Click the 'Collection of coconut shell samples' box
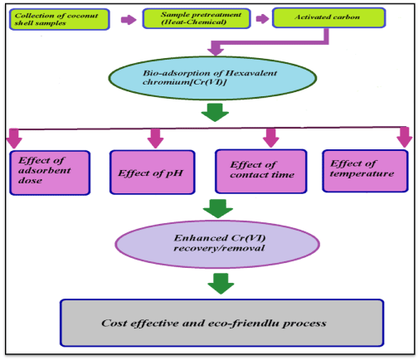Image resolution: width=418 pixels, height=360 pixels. [x=60, y=19]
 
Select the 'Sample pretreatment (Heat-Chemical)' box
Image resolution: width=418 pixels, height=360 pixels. [x=197, y=18]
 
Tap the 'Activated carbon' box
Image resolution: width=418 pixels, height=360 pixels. [x=328, y=17]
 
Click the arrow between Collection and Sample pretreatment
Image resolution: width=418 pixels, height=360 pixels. [x=129, y=19]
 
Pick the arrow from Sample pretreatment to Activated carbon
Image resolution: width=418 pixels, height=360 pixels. [x=262, y=18]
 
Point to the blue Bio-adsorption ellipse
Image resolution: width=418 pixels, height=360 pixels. [x=212, y=78]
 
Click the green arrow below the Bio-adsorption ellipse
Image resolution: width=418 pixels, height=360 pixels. [x=215, y=112]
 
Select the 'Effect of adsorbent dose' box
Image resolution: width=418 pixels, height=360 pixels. [x=50, y=173]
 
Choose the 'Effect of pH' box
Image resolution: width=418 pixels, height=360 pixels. [x=153, y=172]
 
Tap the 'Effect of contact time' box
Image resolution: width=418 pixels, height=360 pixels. [x=261, y=171]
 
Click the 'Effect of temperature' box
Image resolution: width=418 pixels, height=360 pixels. [x=365, y=171]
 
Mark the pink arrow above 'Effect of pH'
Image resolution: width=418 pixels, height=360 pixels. [x=155, y=139]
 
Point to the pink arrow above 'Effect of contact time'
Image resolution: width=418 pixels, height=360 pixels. [x=270, y=138]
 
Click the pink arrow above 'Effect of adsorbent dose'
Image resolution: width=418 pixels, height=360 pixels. [x=14, y=139]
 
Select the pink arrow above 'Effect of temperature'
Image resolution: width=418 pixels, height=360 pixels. [x=404, y=137]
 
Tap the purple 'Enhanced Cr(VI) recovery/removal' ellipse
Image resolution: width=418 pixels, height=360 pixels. [x=217, y=244]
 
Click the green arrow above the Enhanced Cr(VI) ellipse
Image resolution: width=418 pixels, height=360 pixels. [x=218, y=208]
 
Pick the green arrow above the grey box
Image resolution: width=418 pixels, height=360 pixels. [x=221, y=284]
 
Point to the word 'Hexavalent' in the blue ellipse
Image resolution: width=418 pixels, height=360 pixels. [x=251, y=73]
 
